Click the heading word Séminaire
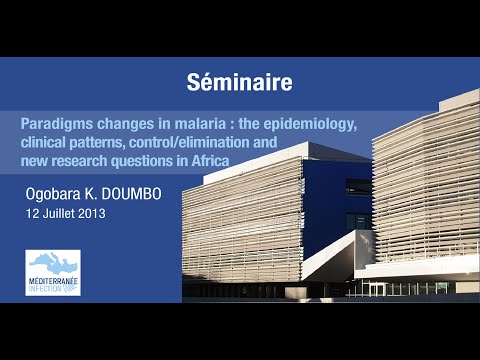click(x=240, y=81)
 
